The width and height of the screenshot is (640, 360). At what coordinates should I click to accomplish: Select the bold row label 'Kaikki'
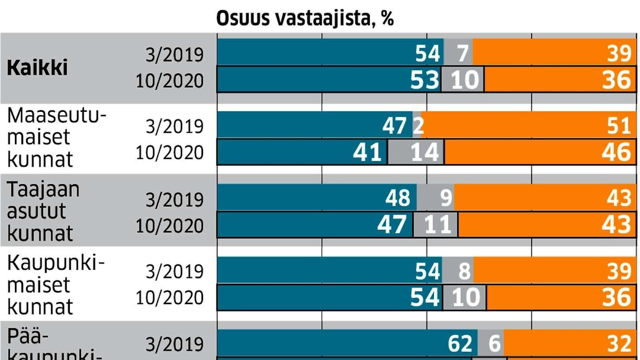37,68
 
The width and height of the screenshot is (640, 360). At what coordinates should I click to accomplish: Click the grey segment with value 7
458,53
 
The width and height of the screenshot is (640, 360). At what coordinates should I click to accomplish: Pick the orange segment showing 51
528,126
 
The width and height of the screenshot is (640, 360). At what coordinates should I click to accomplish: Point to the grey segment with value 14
415,153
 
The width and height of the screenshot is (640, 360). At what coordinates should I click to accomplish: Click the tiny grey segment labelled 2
417,126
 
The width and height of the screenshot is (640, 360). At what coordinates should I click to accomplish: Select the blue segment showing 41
302,153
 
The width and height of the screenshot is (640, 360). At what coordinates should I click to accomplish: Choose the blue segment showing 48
317,198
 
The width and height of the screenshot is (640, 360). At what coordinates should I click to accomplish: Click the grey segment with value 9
435,198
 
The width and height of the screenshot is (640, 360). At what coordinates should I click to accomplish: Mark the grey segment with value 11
435,225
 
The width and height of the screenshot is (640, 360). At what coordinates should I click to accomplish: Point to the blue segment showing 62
347,344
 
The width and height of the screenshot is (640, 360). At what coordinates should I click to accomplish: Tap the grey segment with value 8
458,271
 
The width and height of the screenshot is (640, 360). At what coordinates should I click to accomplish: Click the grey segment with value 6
491,344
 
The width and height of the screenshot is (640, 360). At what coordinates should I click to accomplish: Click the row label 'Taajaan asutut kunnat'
43,211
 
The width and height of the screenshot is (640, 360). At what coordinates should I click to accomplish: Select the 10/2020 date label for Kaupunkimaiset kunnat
170,298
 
